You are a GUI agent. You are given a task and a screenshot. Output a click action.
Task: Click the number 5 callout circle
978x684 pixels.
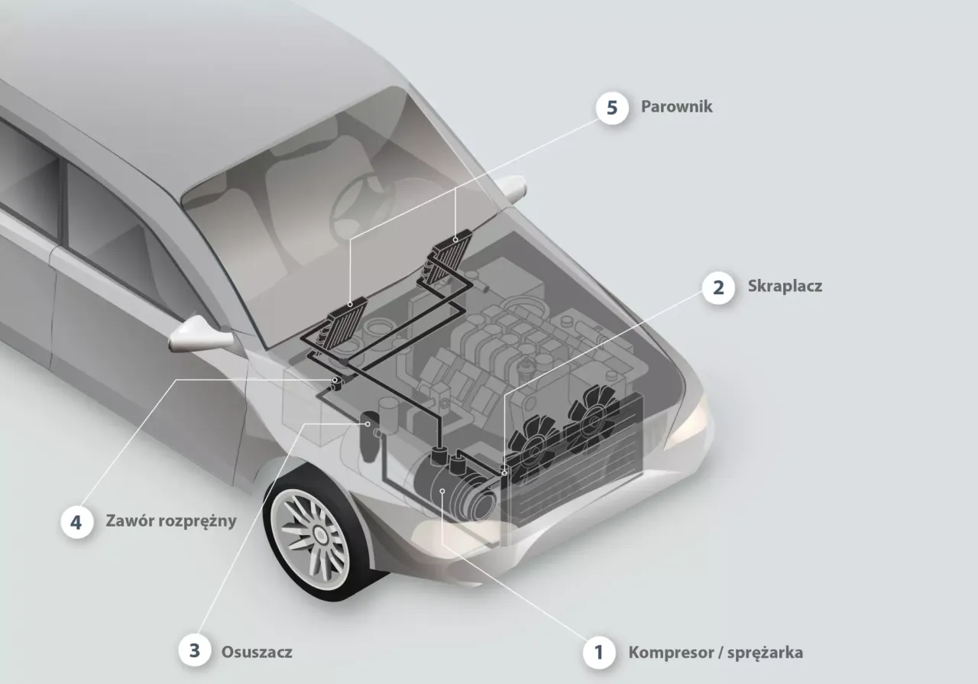[x=612, y=107]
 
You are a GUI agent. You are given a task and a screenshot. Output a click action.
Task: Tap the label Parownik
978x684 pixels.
[x=677, y=106]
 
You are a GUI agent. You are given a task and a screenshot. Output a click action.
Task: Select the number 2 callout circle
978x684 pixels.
[x=718, y=288]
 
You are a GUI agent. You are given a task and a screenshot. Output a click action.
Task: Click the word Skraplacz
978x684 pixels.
[x=785, y=287]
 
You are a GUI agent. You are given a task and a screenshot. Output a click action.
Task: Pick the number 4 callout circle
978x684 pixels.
[x=76, y=523]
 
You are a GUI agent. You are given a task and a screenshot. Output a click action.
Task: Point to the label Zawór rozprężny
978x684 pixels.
[x=171, y=522]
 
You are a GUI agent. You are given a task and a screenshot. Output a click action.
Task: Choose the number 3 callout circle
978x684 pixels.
[x=196, y=651]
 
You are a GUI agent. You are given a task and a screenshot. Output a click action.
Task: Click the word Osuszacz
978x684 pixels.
[x=257, y=653]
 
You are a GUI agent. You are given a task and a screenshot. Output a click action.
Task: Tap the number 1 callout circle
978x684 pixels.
[x=599, y=653]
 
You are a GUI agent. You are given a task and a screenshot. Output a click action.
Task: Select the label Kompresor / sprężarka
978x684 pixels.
[x=715, y=653]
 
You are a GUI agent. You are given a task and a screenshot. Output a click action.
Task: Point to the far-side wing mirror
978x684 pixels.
[x=510, y=187]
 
